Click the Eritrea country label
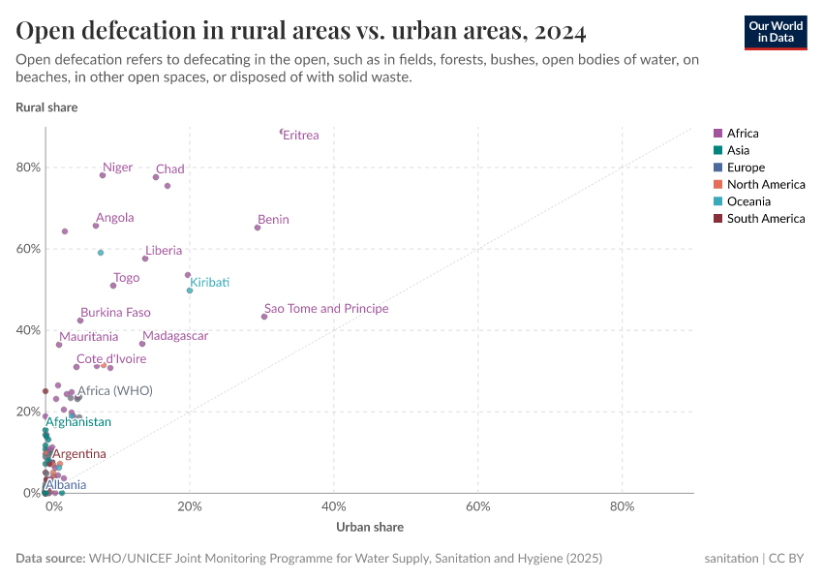[x=301, y=136]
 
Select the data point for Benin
[x=258, y=228]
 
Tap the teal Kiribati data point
[x=190, y=290]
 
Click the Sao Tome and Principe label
[x=326, y=309]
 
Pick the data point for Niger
[x=103, y=175]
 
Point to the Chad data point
[x=156, y=177]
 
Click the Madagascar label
[x=175, y=336]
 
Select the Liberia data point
[x=145, y=259]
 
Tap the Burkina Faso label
[x=115, y=314]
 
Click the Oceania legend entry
[x=748, y=201]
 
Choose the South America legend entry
[x=765, y=219]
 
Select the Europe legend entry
[x=746, y=168]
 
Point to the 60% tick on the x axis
[x=478, y=506]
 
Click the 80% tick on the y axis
[x=27, y=168]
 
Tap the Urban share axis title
[x=370, y=528]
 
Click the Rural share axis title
[x=46, y=107]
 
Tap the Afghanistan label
[x=78, y=422]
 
